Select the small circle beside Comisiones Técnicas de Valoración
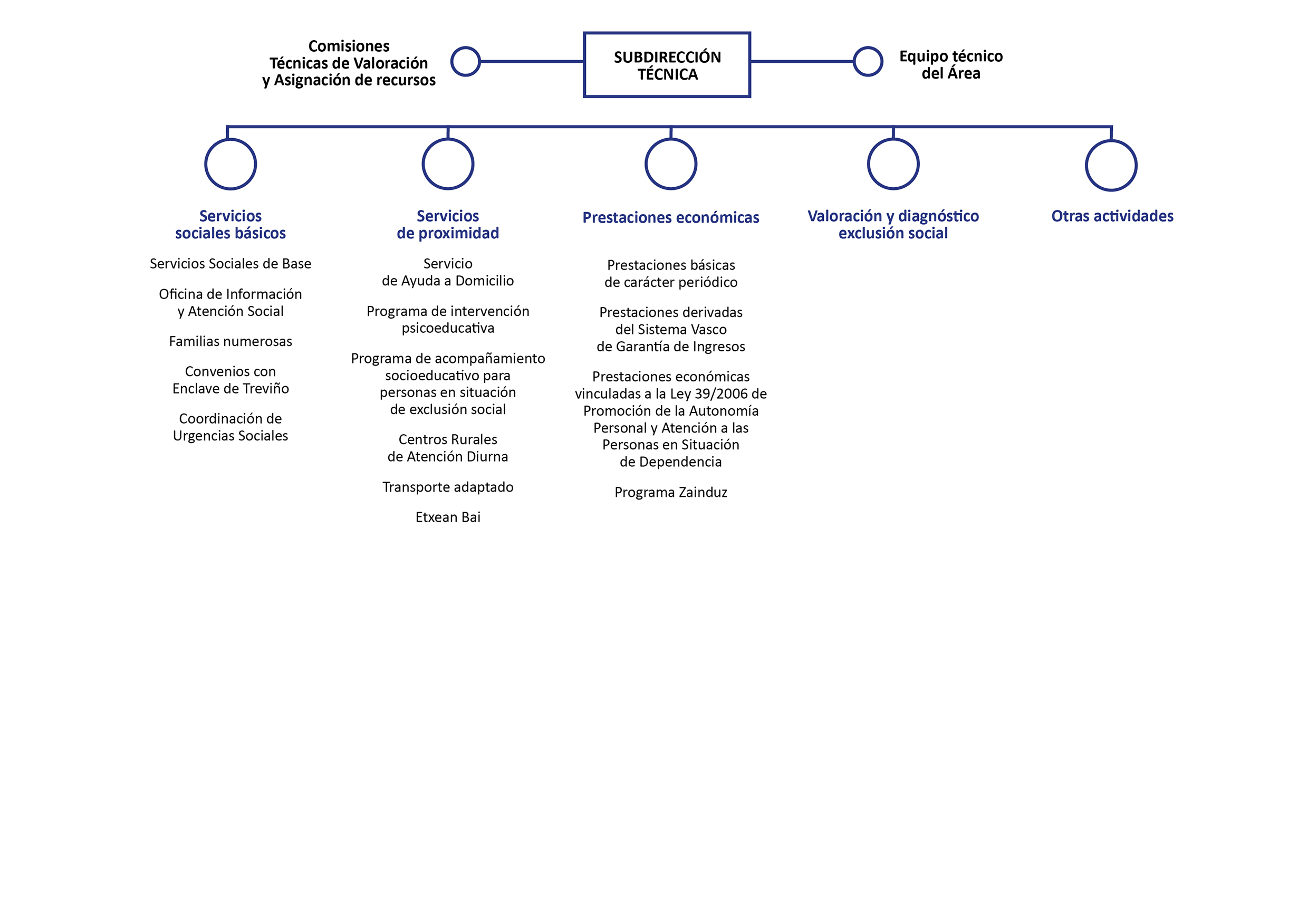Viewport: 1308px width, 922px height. tap(453, 62)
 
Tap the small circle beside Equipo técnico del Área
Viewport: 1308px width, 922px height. tap(855, 62)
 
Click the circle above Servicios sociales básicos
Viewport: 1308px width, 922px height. tap(206, 164)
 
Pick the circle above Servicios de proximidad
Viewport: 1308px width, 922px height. tap(424, 164)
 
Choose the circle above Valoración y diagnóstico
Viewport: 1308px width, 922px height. tap(869, 164)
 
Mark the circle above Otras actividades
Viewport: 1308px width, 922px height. tap(1088, 166)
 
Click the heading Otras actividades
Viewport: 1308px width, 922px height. tap(1112, 216)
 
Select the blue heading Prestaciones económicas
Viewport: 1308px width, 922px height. tap(670, 217)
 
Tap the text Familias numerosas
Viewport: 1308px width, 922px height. tap(230, 341)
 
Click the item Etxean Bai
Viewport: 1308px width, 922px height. tap(448, 517)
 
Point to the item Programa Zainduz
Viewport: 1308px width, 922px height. tap(670, 492)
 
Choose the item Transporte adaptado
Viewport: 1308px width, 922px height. tap(448, 487)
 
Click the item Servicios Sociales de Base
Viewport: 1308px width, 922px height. tap(230, 264)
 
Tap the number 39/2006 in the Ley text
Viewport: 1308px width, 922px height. tap(721, 394)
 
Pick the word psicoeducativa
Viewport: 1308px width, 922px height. tap(448, 328)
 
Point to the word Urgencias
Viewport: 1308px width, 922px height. tap(200, 436)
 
